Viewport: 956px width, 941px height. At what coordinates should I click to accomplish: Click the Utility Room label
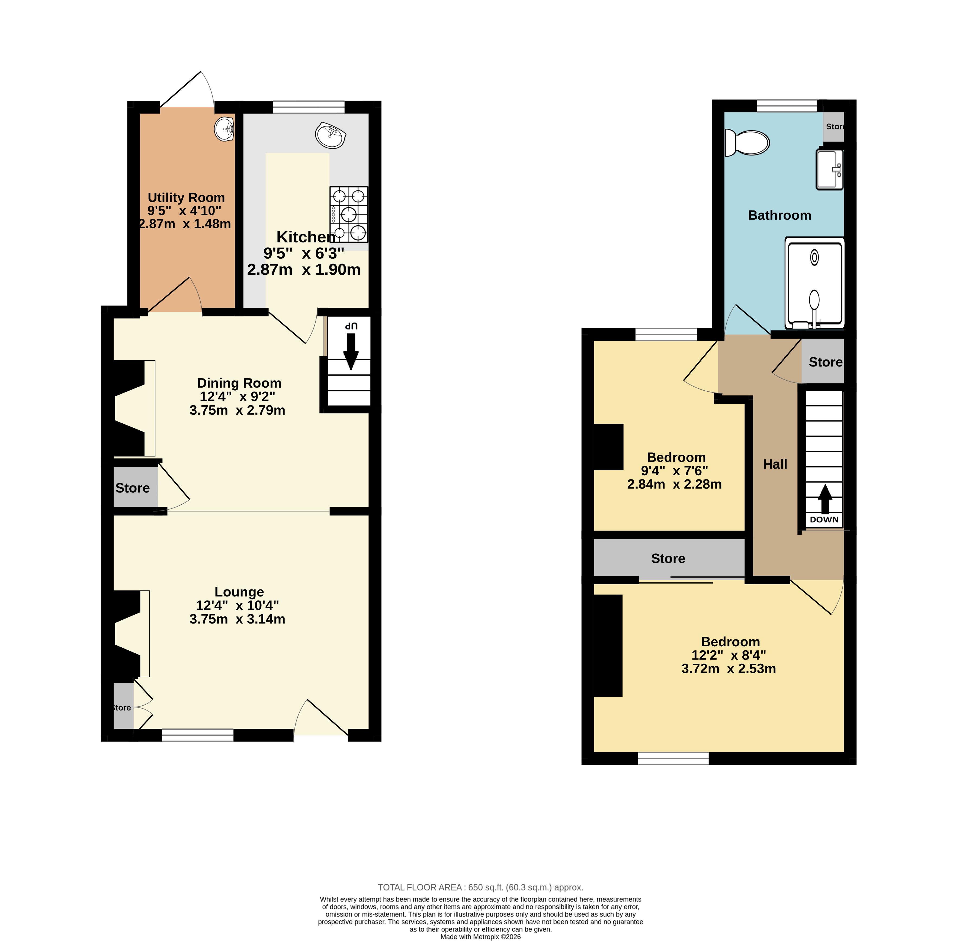186,198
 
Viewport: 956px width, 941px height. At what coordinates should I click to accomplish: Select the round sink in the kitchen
331,135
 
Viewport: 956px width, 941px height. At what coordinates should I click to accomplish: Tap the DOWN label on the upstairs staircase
824,520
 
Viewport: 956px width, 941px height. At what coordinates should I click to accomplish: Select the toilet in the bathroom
747,142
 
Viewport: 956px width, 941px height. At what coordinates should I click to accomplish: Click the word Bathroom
779,216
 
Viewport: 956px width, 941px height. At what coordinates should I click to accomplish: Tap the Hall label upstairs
775,464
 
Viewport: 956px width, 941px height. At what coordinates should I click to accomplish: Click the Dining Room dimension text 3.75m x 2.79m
238,410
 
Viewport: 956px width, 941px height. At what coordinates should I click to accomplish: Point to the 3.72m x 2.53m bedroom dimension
729,669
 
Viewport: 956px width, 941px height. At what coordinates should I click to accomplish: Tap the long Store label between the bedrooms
668,559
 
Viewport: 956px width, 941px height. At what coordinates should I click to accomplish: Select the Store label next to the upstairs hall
825,362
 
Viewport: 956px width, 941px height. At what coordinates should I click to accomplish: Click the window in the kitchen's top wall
309,107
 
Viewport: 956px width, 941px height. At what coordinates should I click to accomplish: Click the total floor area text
480,887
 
